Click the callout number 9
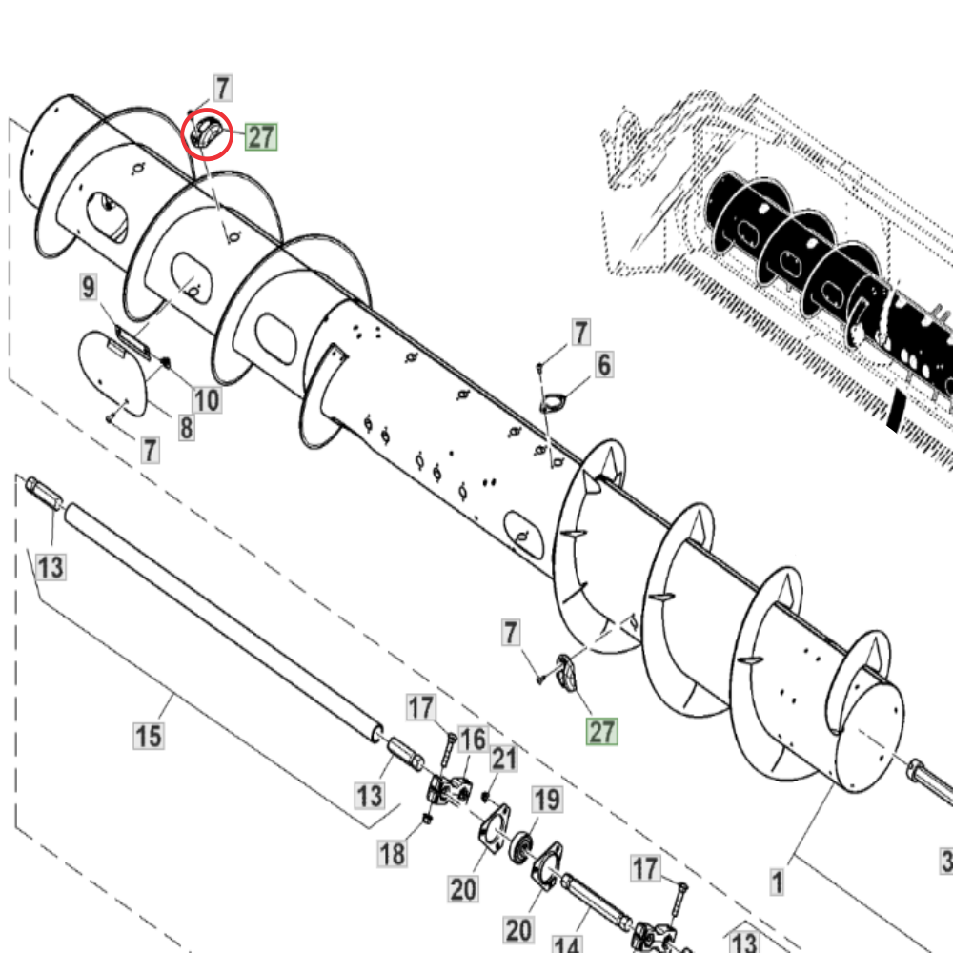pyautogui.click(x=89, y=286)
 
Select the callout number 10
pyautogui.click(x=207, y=399)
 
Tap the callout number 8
pyautogui.click(x=186, y=428)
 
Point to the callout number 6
pyautogui.click(x=604, y=364)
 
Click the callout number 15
pyautogui.click(x=149, y=736)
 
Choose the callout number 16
pyautogui.click(x=473, y=740)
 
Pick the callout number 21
pyautogui.click(x=504, y=760)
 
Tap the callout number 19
pyautogui.click(x=546, y=801)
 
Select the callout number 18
pyautogui.click(x=393, y=854)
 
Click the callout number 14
pyautogui.click(x=566, y=944)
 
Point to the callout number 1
pyautogui.click(x=778, y=882)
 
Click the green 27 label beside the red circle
pyautogui.click(x=261, y=137)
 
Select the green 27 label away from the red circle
pyautogui.click(x=601, y=732)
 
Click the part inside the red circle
pyautogui.click(x=206, y=134)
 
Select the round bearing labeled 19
pyautogui.click(x=522, y=847)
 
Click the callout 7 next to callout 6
pyautogui.click(x=580, y=333)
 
